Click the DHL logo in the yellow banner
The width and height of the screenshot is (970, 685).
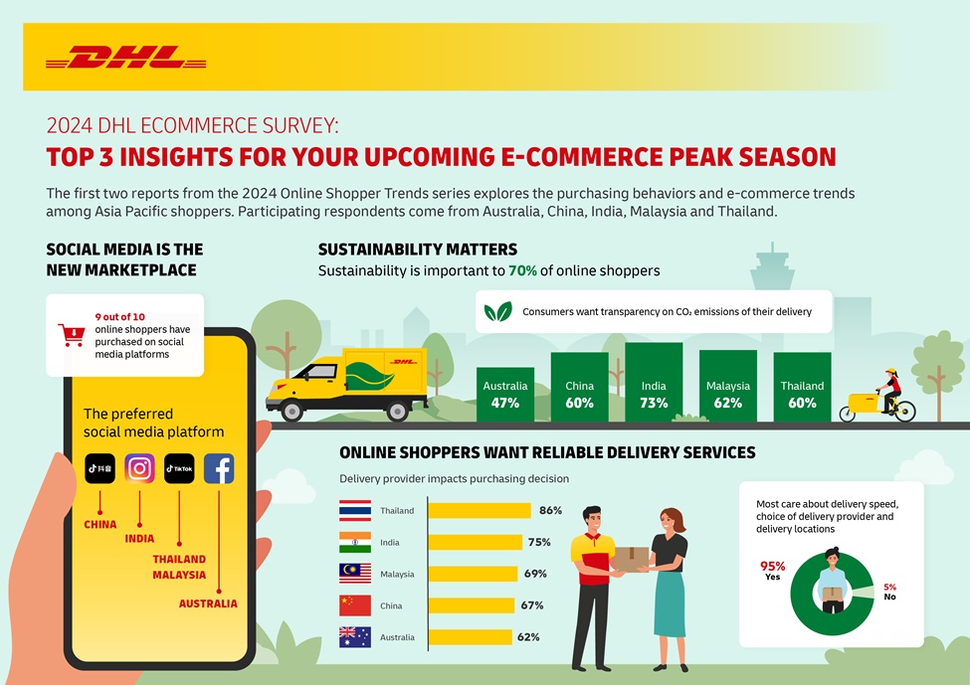125,57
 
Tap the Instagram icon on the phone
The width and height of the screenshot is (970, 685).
139,468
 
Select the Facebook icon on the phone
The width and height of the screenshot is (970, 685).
219,468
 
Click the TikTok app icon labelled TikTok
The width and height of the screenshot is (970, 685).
179,468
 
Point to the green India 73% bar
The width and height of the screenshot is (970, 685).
654,383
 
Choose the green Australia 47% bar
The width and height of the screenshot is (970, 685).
505,395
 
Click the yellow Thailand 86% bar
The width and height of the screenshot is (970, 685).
479,511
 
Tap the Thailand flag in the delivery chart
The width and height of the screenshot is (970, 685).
355,511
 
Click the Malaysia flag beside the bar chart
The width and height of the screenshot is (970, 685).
355,574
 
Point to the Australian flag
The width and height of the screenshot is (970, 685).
355,637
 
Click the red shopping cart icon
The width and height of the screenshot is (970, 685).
71,334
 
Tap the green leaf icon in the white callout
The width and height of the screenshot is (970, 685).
497,311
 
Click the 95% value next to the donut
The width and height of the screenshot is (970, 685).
773,567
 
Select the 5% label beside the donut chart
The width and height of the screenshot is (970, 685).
889,588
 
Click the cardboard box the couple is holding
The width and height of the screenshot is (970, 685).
631,559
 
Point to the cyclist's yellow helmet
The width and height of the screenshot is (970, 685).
890,373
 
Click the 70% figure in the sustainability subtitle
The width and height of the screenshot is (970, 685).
522,270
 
